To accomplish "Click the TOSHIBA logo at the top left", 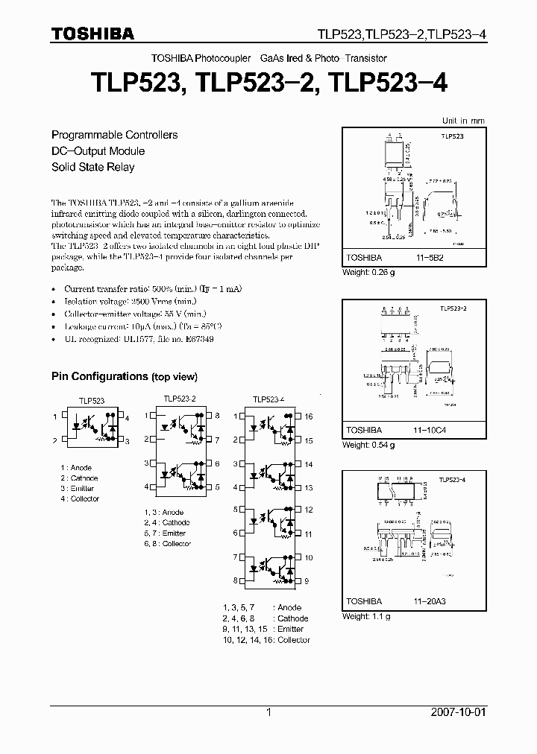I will (x=92, y=34).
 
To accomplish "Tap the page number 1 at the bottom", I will (x=268, y=712).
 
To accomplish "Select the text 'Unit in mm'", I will (x=462, y=120).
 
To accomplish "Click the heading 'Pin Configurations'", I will (x=99, y=377).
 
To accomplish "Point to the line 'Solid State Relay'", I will (x=92, y=167).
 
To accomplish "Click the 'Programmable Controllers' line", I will (x=114, y=135).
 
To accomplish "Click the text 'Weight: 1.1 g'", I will (x=366, y=617).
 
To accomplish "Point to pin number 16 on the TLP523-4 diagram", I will (x=309, y=417).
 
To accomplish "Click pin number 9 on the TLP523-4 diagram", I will (x=307, y=580).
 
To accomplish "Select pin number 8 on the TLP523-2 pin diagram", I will (x=217, y=415).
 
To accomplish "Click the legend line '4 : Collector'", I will (x=80, y=498).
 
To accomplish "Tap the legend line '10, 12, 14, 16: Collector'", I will (x=266, y=640).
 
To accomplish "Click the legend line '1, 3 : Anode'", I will (x=163, y=513).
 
